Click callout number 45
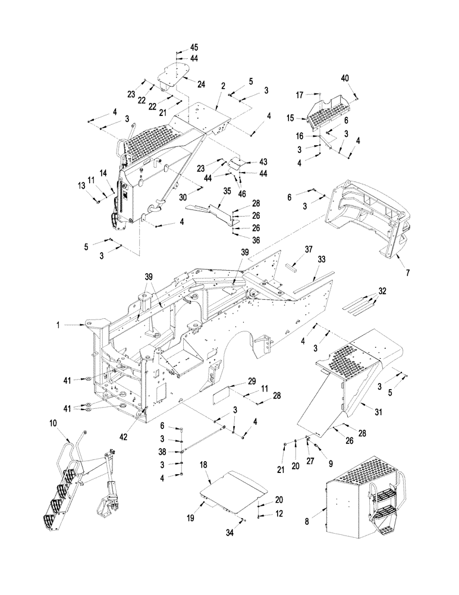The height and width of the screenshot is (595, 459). pos(194,48)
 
